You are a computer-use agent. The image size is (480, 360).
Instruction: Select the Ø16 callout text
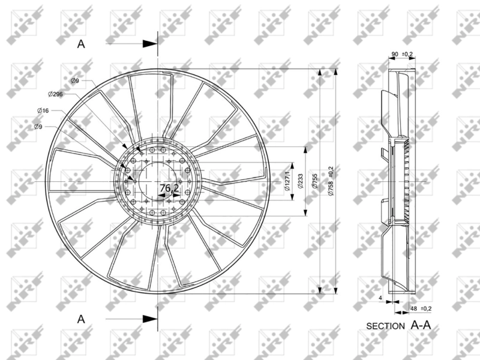43,110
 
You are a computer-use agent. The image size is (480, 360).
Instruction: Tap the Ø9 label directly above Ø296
75,80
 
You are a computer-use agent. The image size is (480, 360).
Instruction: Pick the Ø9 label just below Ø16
38,127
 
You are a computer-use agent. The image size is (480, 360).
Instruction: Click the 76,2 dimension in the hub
169,188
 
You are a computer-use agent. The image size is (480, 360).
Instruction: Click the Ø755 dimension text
316,182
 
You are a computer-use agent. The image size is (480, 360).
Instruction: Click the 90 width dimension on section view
394,55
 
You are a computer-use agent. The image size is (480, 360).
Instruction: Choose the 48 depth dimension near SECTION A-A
413,308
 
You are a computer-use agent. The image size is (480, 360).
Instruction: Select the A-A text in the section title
421,325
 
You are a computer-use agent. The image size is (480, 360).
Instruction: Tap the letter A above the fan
82,43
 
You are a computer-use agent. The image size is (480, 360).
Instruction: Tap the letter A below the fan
82,319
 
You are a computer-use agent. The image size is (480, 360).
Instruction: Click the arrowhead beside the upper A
150,43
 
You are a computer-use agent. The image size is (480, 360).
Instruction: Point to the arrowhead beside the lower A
150,319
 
